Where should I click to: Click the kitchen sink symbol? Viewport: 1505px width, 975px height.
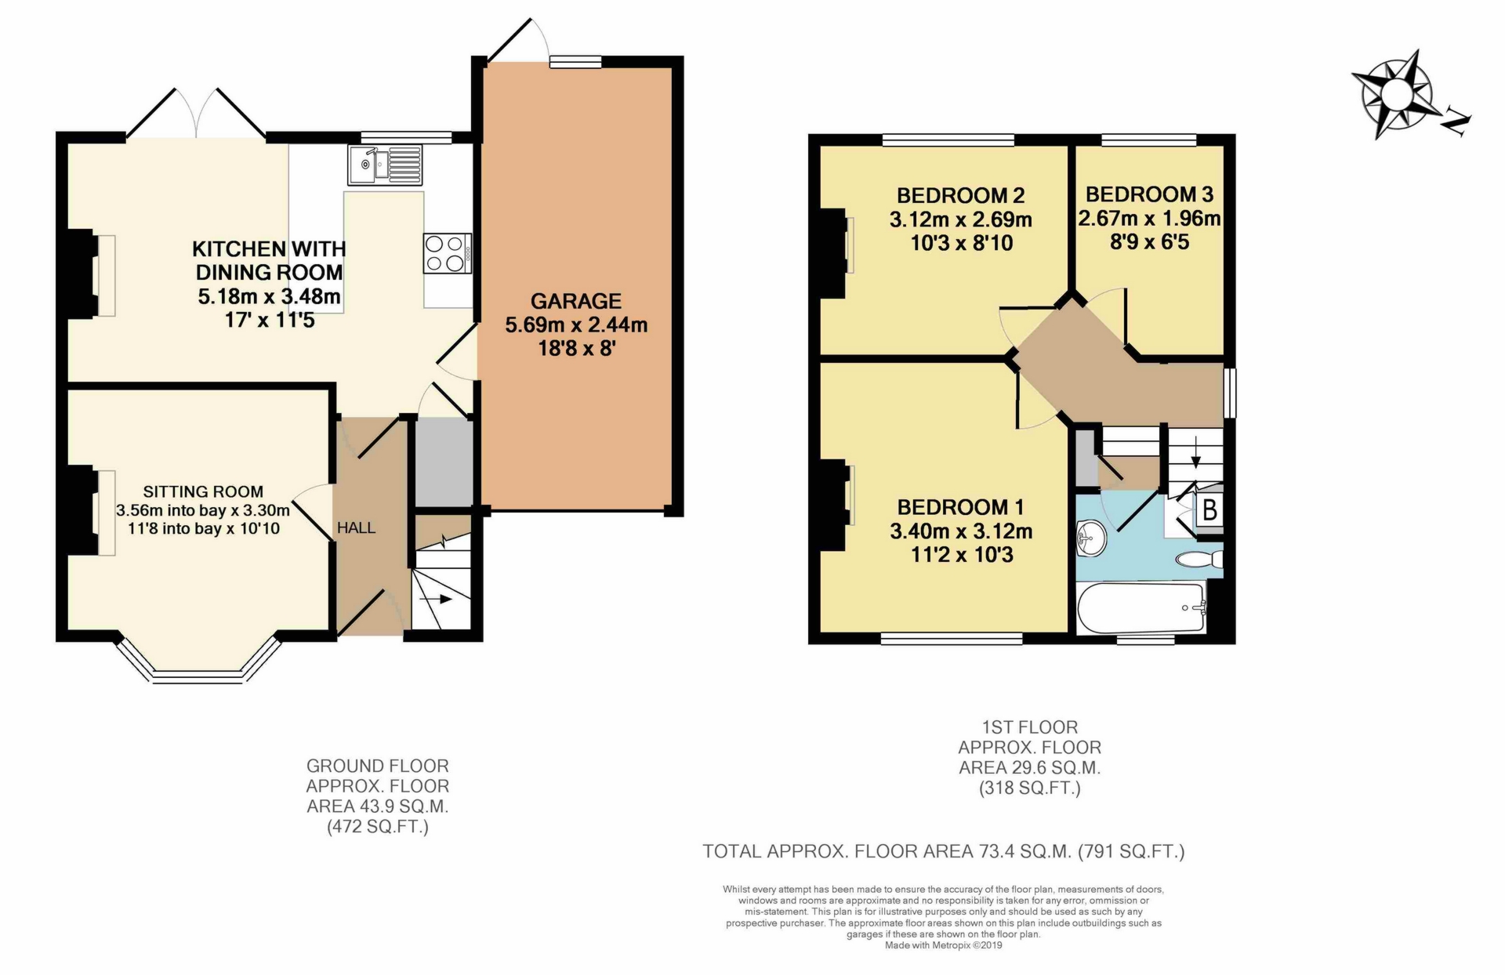pos(384,165)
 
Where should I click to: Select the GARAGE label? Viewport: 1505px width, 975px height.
pos(576,301)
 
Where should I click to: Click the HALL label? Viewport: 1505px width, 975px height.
pos(356,528)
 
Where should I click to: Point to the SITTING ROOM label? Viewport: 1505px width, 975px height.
pos(203,491)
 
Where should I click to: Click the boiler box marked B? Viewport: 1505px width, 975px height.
pos(1209,510)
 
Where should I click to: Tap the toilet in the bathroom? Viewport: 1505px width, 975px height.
pos(1199,560)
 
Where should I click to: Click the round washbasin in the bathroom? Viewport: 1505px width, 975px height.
pos(1090,538)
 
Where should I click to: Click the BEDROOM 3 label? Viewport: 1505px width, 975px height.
pos(1149,194)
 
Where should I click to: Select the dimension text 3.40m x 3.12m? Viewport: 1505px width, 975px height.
pos(961,531)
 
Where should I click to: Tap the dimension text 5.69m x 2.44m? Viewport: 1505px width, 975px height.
pos(576,324)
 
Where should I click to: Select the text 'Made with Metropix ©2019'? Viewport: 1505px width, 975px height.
pos(943,945)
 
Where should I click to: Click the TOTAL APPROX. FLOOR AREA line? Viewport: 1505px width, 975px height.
pos(943,851)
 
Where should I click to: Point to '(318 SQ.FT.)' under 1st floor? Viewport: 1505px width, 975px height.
pos(1029,788)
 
